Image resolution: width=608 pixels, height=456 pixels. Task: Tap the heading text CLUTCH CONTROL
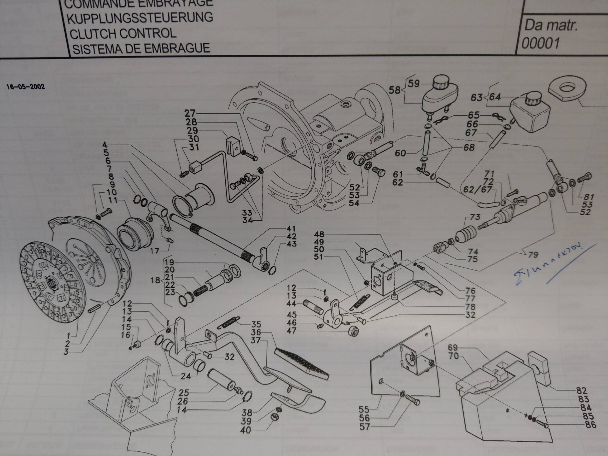[123, 33]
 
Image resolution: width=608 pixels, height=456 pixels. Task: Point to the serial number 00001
[540, 43]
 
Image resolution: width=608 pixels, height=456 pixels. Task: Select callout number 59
[414, 83]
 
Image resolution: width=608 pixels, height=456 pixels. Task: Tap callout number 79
[533, 255]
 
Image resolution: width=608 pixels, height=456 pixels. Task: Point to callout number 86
[590, 425]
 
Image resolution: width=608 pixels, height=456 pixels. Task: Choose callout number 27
[190, 113]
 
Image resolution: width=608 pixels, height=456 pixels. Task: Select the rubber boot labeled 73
[465, 235]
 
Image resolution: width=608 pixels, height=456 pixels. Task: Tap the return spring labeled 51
[360, 302]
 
